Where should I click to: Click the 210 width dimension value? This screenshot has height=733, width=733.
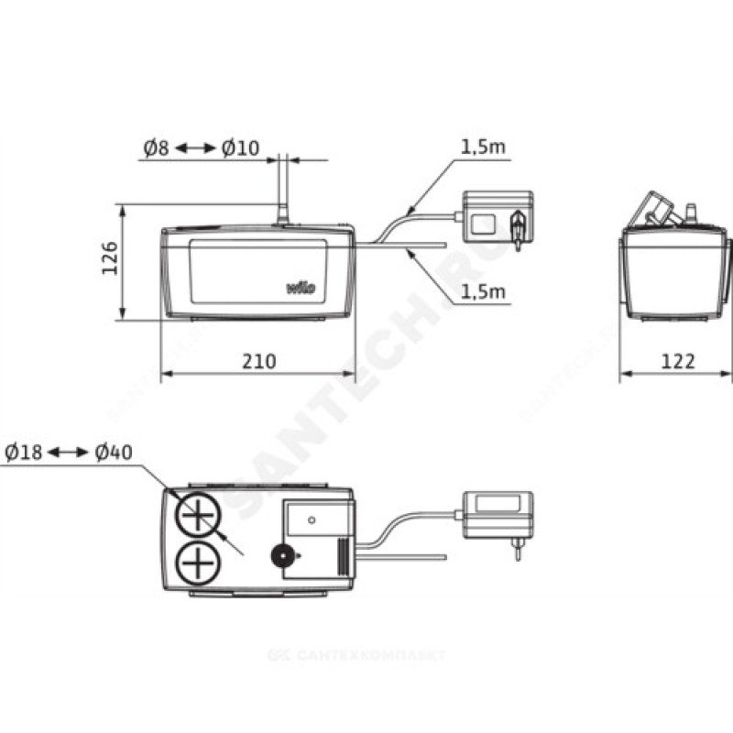click(258, 362)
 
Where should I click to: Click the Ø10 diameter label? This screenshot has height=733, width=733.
click(240, 148)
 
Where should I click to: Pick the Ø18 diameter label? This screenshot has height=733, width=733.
click(24, 453)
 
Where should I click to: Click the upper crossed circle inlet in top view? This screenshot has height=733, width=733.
click(195, 518)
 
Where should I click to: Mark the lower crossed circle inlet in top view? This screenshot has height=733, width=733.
click(195, 558)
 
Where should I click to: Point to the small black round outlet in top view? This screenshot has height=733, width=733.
click(281, 555)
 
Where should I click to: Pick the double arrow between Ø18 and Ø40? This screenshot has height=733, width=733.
click(68, 453)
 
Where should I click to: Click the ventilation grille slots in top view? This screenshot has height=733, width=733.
click(341, 554)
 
